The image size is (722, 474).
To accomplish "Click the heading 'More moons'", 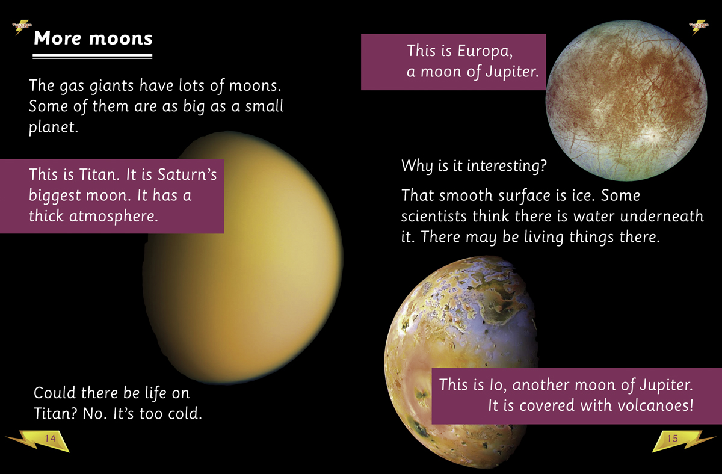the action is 93,38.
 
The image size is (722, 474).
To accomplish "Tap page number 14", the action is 50,439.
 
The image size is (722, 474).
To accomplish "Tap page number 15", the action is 673,439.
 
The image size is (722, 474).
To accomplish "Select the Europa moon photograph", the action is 626,100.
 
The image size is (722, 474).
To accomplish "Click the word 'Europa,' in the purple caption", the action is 485,51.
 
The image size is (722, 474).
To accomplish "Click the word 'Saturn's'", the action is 187,174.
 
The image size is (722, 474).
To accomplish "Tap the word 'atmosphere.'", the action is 114,215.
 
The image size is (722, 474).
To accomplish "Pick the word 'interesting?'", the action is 507,166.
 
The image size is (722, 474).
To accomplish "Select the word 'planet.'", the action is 54,127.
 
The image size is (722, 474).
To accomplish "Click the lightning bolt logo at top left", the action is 22,27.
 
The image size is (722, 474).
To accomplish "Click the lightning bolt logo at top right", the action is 699,27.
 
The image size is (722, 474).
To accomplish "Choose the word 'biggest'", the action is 55,195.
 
